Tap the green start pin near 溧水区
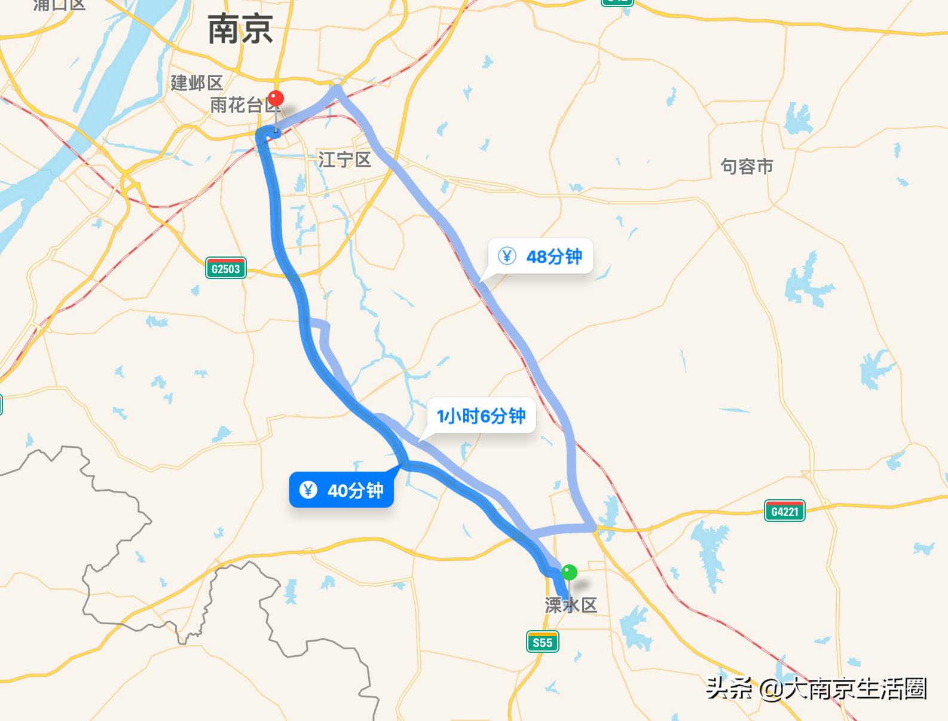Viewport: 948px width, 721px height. point(570,573)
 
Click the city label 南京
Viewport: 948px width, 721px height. point(240,30)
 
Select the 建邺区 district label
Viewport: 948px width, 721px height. point(197,83)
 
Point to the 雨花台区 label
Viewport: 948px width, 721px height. point(244,106)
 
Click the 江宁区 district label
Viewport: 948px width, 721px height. point(344,160)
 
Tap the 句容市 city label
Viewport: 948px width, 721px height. point(747,166)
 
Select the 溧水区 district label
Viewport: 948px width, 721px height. point(571,605)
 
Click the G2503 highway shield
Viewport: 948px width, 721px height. point(225,268)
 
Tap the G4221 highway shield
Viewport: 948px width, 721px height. point(784,511)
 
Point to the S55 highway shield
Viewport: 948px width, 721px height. point(542,642)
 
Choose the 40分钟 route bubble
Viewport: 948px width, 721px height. point(341,490)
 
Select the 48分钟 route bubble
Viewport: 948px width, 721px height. point(540,256)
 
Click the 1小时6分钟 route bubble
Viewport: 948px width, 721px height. point(481,416)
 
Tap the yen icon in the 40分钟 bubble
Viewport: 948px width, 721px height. point(308,490)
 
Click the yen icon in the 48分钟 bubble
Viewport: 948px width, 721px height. point(507,256)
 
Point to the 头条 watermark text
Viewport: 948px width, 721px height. point(729,689)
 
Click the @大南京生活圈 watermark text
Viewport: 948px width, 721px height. point(843,689)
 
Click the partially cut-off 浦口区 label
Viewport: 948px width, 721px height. point(60,5)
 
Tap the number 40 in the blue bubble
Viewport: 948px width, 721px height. point(338,491)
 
